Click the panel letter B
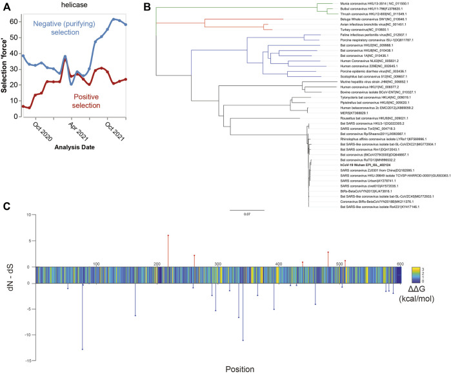click(146, 6)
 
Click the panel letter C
click(6, 207)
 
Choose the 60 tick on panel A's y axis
click(14, 22)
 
